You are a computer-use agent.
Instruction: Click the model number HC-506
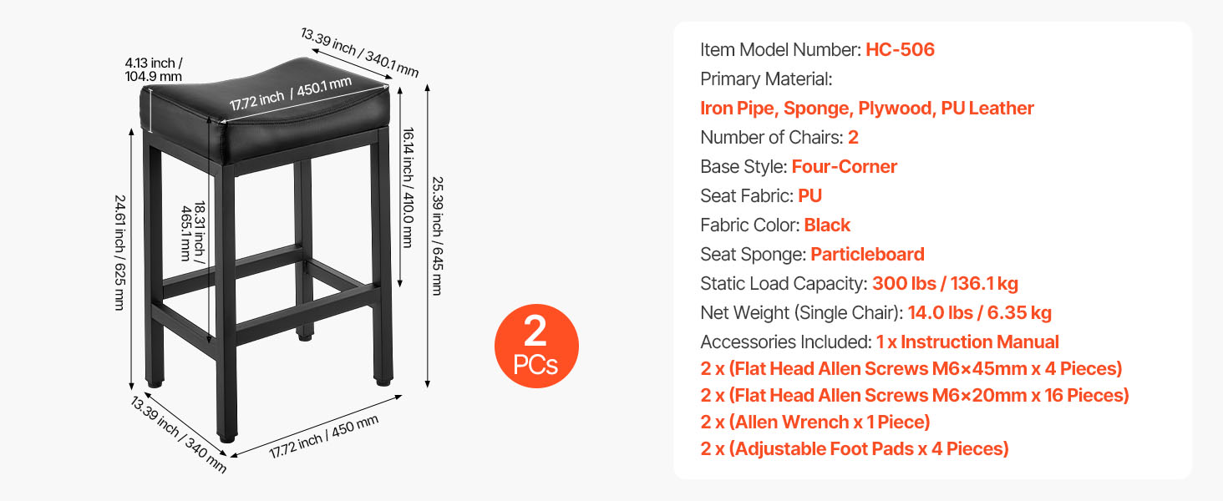point(900,49)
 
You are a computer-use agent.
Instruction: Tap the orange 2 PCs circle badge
point(535,346)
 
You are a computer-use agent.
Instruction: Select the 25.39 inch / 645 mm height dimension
point(435,236)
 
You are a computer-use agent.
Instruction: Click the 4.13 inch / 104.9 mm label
point(153,69)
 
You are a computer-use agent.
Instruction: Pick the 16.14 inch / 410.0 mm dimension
point(407,187)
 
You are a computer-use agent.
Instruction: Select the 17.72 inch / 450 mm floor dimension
point(324,437)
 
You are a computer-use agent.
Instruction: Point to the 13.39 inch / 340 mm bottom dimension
point(178,434)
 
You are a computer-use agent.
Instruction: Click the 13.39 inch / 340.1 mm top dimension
point(359,52)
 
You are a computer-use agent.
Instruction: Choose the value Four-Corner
point(844,166)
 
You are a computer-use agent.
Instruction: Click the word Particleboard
point(867,254)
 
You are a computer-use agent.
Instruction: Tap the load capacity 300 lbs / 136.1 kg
point(945,283)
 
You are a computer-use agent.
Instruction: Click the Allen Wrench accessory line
point(814,422)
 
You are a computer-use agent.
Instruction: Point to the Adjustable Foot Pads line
point(854,448)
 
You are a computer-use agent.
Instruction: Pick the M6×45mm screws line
point(911,368)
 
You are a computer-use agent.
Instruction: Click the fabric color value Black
point(827,225)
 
